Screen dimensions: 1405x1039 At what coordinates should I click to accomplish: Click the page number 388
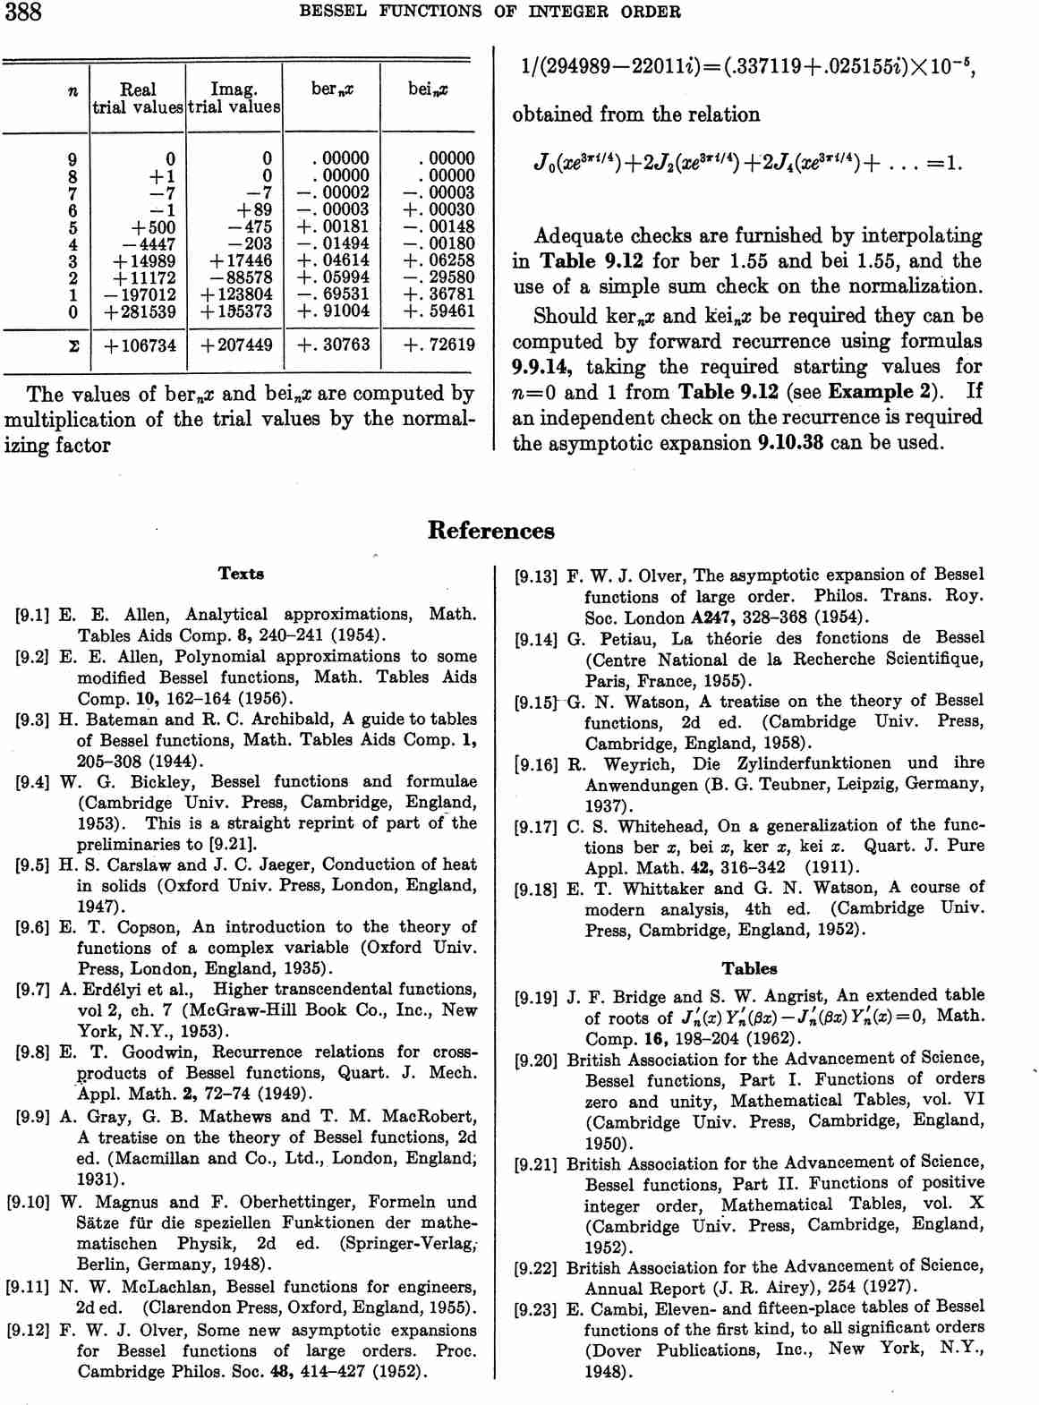click(23, 13)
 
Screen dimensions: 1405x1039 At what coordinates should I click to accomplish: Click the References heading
click(490, 531)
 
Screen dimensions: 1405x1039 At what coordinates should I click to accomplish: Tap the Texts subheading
click(241, 574)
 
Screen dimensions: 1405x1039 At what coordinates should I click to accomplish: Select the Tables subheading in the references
click(749, 968)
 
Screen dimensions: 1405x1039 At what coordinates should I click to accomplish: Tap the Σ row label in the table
click(72, 345)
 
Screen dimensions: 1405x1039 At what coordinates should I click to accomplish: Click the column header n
click(72, 90)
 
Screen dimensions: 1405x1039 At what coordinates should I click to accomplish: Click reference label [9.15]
click(536, 702)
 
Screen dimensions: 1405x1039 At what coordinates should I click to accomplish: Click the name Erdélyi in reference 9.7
click(111, 990)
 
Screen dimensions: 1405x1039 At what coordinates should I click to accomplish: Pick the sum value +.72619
click(439, 345)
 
